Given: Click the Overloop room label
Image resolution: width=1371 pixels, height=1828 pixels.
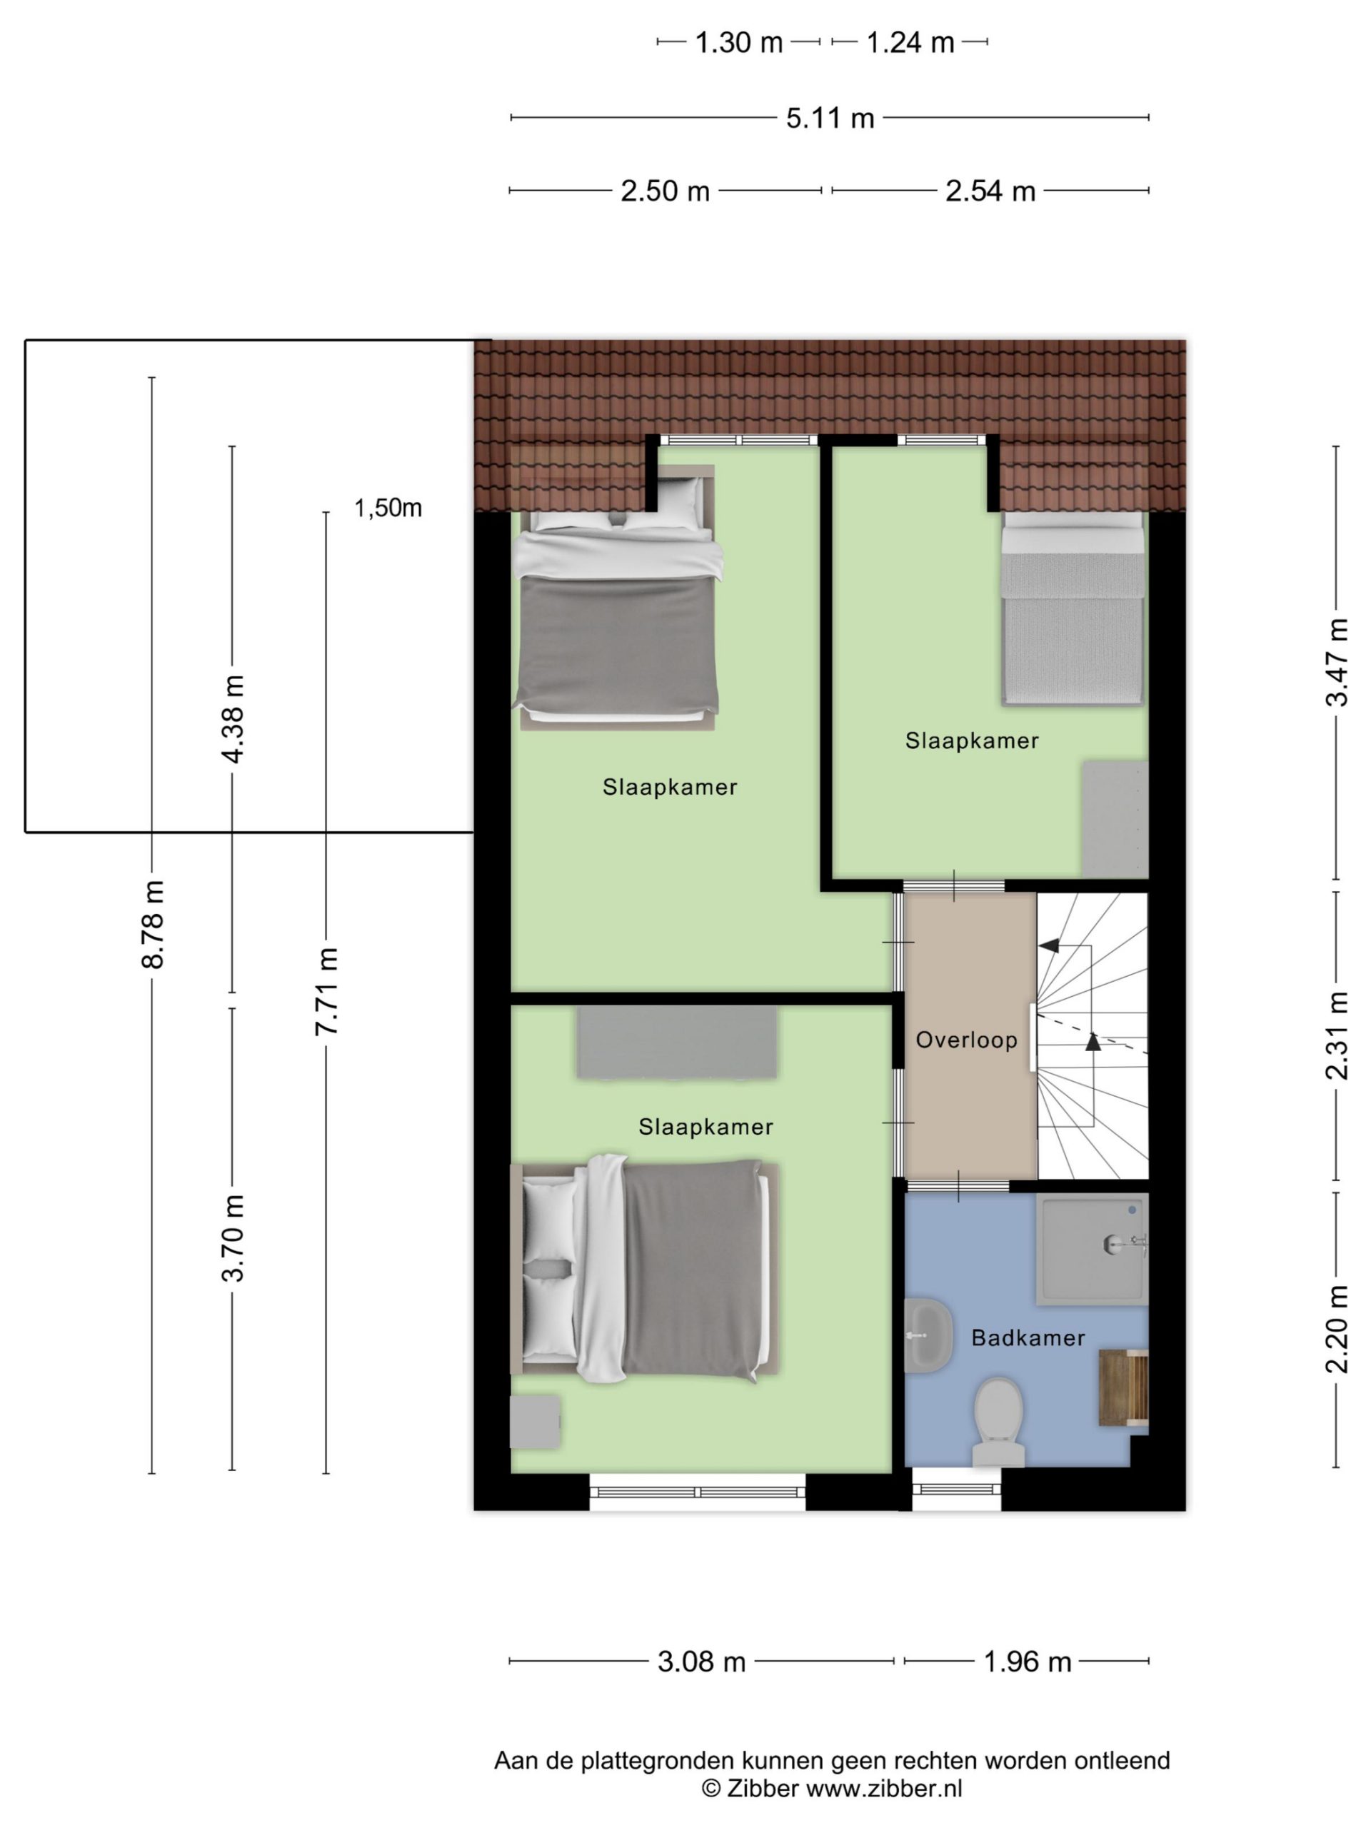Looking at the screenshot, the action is coord(965,1040).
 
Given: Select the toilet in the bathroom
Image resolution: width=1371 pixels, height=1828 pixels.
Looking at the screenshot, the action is coord(998,1422).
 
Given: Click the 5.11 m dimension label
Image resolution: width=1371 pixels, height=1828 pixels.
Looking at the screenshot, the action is coord(830,118).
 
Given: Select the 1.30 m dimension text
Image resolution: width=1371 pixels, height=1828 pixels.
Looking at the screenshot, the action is coord(738,42).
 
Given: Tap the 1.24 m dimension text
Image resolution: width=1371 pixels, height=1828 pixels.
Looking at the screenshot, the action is coord(910,42).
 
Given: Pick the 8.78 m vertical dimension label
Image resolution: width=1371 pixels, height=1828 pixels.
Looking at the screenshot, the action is coord(153,924).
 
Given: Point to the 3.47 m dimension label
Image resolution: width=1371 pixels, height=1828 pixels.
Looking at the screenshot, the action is coord(1336,662).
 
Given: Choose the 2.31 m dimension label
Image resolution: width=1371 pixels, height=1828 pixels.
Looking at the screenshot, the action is coord(1336,1035).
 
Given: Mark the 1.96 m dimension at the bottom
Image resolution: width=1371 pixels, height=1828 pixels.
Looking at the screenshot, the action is coord(1028,1661).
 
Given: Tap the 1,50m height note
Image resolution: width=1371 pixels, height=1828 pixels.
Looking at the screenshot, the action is coord(388,508).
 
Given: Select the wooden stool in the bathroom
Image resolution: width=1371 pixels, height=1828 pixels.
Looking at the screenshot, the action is coord(1123,1388).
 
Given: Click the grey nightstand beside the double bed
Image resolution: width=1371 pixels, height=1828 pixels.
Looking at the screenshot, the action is coord(535,1422).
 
